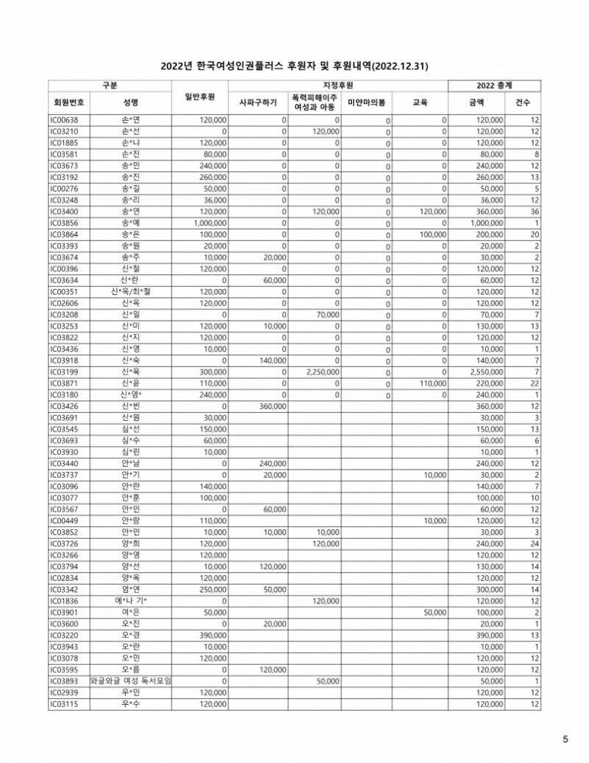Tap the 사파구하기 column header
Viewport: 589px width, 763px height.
pyautogui.click(x=258, y=102)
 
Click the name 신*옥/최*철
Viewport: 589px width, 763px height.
pyautogui.click(x=131, y=291)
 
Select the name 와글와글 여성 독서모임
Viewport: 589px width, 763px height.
pyautogui.click(x=131, y=681)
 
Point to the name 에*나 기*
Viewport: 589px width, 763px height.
pyautogui.click(x=131, y=601)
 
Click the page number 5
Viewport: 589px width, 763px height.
pyautogui.click(x=565, y=739)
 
